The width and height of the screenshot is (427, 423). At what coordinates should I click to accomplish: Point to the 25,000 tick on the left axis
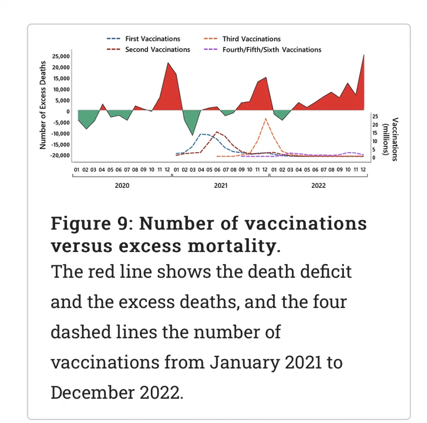(x=61, y=56)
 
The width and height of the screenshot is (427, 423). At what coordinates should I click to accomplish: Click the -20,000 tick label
(x=60, y=155)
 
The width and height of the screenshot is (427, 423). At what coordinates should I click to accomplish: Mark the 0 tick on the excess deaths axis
(x=68, y=111)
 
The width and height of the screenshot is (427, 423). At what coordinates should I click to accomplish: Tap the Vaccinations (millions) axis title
(x=390, y=139)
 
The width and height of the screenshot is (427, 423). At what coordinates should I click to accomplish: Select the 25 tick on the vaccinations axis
(x=375, y=116)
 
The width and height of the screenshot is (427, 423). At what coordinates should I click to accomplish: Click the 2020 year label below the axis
(x=122, y=185)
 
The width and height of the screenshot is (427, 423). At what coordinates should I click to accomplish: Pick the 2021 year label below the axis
(x=220, y=185)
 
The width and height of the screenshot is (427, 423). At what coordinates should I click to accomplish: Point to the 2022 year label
(x=318, y=185)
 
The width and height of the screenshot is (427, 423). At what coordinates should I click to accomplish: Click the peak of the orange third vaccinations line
(x=266, y=118)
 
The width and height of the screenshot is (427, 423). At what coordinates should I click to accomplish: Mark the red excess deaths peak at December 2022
(x=363, y=55)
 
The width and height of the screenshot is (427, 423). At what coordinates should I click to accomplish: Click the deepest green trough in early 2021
(x=193, y=135)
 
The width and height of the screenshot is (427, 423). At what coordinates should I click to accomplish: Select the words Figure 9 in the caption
(x=88, y=223)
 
